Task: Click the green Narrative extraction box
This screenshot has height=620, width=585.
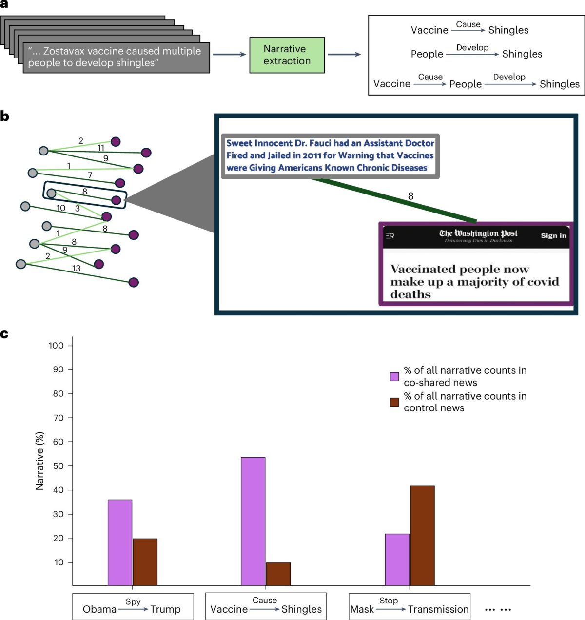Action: tap(287, 55)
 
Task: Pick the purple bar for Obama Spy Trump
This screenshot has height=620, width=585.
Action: tap(120, 542)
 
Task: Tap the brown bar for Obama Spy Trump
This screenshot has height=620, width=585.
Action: tap(145, 562)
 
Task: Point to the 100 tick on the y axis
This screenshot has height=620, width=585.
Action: tap(57, 346)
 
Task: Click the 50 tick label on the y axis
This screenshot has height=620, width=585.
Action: tap(58, 466)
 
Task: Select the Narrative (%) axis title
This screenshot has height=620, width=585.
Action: tap(40, 461)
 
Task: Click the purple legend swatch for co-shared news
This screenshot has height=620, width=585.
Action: tap(394, 376)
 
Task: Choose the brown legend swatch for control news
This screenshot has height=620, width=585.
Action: tap(394, 402)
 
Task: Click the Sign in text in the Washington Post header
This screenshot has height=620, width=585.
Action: tap(553, 236)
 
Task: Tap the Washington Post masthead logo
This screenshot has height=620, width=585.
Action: tap(478, 234)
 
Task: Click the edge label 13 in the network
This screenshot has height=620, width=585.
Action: tap(77, 268)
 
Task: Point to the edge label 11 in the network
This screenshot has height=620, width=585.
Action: tap(101, 148)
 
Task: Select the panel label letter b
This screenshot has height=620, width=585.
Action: tap(5, 116)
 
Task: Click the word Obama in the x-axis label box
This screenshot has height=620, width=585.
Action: tap(99, 609)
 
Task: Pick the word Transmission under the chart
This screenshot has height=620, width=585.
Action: tap(438, 609)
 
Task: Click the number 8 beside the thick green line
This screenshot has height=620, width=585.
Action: tap(410, 196)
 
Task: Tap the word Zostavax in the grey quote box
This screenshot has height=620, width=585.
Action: tap(64, 51)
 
